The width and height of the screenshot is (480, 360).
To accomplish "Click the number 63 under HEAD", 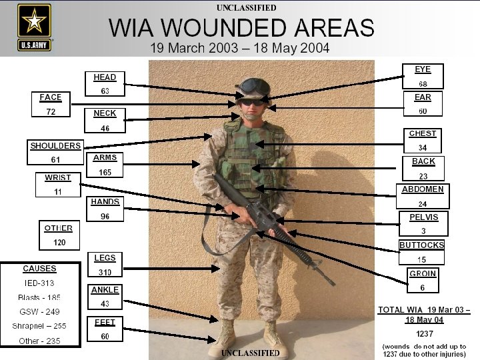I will coord(105,91).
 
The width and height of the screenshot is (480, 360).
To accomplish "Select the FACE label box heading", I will coord(51,97).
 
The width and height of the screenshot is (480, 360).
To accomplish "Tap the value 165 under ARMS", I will coord(105,172).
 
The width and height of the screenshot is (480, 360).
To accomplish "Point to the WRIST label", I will coord(58,177).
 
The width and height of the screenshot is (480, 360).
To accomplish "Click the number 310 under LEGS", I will coord(105,272).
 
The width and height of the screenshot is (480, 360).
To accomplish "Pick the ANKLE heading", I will coord(105,290).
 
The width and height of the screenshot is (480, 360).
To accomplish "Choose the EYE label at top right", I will coord(423,69).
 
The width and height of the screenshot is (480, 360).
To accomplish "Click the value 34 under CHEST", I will coord(423,147).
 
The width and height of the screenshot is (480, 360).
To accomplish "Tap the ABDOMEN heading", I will coord(423,189).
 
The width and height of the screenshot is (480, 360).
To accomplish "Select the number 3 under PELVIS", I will coord(423,231).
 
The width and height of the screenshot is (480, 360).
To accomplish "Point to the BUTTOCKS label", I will coord(421,245).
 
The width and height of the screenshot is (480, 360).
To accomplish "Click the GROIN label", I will coord(423,274).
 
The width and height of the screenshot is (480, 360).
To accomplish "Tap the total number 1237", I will coord(424,333).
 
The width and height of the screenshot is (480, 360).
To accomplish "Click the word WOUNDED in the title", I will coord(241,28).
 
